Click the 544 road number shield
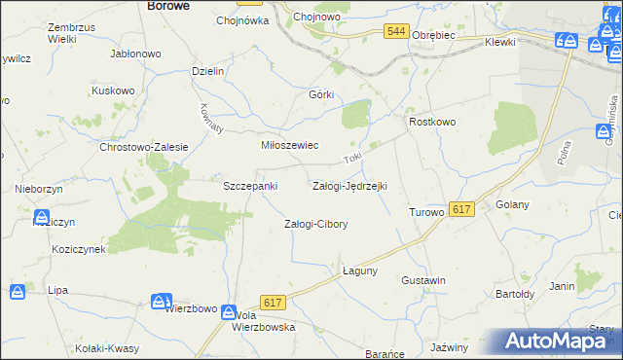pos(395,32)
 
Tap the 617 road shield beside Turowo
pos(462,209)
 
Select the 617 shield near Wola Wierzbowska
pos(273,304)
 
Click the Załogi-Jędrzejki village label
pos(349,185)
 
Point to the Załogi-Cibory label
pos(315,224)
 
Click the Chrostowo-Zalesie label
pos(143,147)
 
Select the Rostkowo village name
pos(432,122)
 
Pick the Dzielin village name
pos(208,71)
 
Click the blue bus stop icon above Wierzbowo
pos(162,303)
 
